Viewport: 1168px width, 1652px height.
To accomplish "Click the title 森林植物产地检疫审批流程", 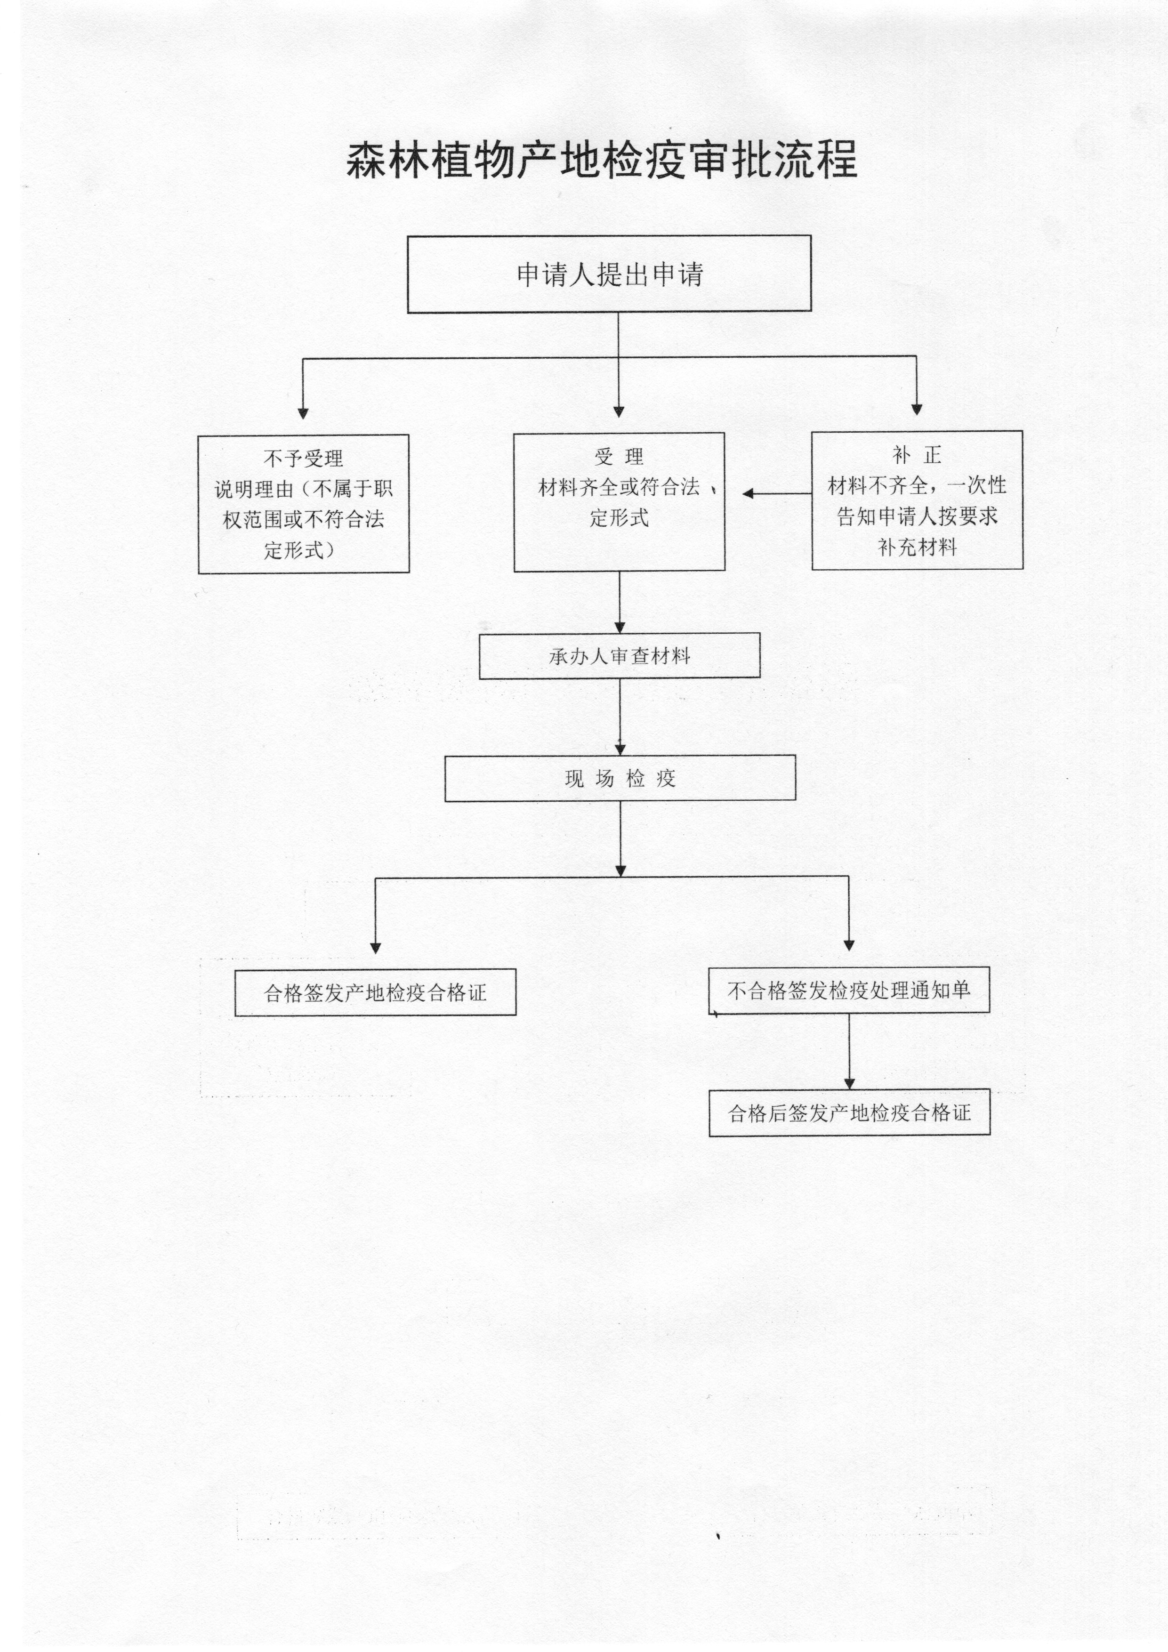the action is (x=602, y=159).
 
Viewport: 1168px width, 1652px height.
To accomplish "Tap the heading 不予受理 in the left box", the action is (x=304, y=459).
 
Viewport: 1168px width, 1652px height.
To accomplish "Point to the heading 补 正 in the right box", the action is (x=917, y=455).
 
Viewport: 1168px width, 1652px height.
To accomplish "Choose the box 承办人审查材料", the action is (x=620, y=655).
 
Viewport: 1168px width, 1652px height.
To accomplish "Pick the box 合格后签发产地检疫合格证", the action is (x=850, y=1113).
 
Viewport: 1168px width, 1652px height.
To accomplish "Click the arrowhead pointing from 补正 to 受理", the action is (x=748, y=493).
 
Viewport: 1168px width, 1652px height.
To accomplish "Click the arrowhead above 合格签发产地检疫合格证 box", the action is (x=375, y=948).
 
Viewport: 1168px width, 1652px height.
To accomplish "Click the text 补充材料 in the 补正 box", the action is (x=917, y=548).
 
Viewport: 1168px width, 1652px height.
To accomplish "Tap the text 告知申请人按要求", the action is (x=917, y=516).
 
